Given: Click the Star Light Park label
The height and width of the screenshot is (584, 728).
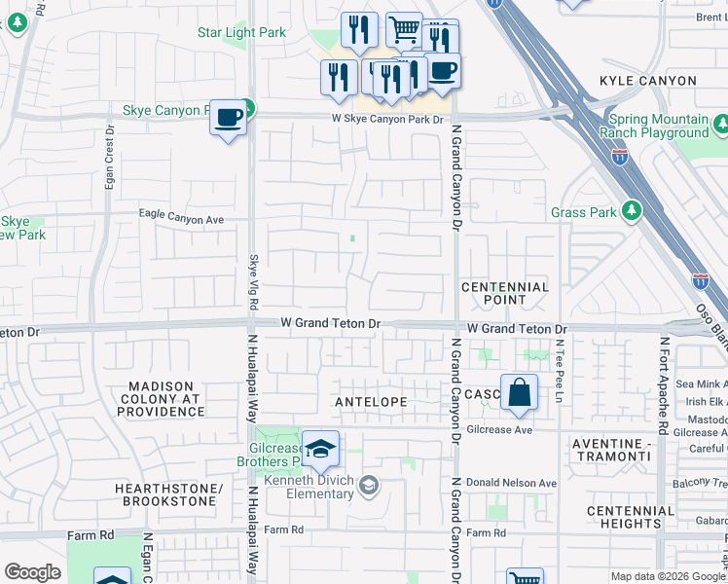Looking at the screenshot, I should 242,32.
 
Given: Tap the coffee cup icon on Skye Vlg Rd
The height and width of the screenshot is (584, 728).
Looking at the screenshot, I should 228,118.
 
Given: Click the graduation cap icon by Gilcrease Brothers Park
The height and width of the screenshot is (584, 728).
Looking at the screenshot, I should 320,450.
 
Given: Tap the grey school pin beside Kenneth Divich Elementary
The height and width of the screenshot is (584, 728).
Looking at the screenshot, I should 369,484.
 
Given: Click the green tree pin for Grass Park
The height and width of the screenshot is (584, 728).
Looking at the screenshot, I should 632,210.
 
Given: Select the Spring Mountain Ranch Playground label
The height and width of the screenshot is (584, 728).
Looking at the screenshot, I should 654,126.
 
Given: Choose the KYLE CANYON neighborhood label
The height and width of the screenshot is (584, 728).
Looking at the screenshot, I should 648,81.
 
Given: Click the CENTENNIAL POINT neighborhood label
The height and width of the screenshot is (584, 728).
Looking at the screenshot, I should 505,294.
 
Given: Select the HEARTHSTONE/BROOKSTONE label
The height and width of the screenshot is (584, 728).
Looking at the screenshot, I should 164,493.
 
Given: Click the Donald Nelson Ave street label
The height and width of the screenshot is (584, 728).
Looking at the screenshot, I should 511,483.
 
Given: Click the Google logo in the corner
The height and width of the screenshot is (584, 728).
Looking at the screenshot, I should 33,572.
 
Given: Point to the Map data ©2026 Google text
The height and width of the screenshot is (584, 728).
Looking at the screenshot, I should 667,576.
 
